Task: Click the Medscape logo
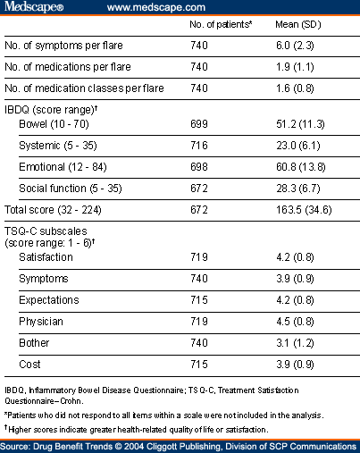pos(34,6)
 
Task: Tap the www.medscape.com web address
pos(156,7)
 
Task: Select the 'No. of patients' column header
pos(221,24)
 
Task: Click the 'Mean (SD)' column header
pos(298,24)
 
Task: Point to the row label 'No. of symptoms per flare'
pos(63,46)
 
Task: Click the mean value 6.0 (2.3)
pos(295,46)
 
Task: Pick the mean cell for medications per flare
pos(295,67)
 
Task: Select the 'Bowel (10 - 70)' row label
pos(54,124)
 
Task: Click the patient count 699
pos(199,124)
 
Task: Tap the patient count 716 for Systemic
pos(199,146)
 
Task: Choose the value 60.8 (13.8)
pos(301,167)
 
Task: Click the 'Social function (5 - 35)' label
pos(71,189)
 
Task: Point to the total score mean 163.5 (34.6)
pos(304,210)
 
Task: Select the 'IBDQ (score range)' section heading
pos(51,110)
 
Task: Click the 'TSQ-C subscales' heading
pos(46,231)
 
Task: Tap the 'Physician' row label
pos(41,322)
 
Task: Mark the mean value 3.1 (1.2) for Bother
pos(295,343)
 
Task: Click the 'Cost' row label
pos(29,365)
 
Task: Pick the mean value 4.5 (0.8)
pos(295,322)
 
